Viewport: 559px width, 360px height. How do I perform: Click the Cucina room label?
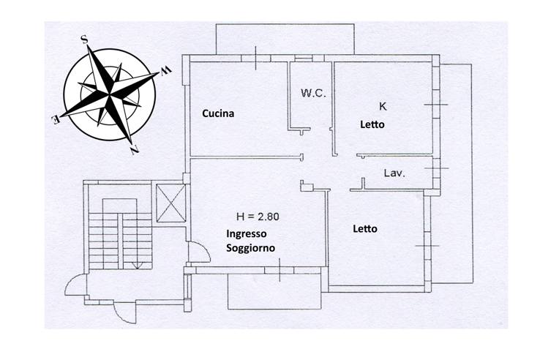[218, 113]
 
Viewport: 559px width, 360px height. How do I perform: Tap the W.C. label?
[313, 94]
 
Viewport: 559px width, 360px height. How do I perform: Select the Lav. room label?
[394, 173]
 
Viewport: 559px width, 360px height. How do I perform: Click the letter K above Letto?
[383, 106]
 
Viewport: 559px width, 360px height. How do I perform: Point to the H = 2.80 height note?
[258, 217]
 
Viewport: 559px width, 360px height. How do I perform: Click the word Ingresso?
[247, 234]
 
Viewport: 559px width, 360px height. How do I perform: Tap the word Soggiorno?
[251, 248]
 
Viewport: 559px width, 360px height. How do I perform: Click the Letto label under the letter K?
[372, 124]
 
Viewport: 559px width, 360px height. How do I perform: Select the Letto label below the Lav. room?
[365, 229]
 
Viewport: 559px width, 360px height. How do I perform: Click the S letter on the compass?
[85, 39]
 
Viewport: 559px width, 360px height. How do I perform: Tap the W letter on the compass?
[165, 70]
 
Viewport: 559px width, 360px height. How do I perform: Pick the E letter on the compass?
[56, 120]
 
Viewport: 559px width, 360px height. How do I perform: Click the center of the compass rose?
[110, 94]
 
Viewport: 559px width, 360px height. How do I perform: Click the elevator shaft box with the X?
[171, 203]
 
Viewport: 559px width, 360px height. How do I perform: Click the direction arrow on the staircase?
[137, 265]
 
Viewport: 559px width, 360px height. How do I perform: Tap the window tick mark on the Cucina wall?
[256, 58]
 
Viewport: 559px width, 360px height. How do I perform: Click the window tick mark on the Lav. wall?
[437, 168]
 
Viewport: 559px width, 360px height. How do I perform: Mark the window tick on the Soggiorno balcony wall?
[279, 270]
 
